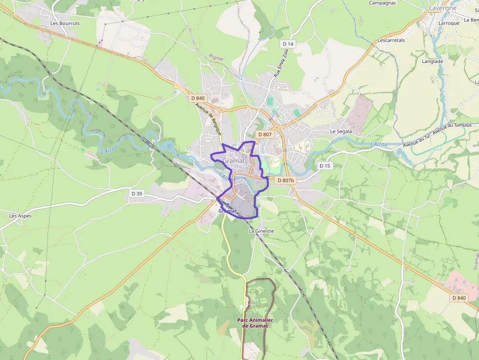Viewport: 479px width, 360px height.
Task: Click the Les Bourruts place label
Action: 65,23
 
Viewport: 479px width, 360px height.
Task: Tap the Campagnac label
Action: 382,3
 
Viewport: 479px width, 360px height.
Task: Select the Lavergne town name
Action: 442,8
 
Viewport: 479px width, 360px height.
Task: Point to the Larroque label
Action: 449,23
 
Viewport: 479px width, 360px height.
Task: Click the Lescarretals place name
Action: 392,41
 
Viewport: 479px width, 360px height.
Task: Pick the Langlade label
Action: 432,62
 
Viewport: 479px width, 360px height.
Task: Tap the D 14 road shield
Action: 288,44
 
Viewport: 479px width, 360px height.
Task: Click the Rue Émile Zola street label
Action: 278,64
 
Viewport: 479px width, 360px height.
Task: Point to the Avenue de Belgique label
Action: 208,119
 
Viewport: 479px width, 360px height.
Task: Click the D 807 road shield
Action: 264,134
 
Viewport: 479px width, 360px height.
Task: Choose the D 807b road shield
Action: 285,180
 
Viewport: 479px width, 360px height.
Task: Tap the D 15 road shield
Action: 325,166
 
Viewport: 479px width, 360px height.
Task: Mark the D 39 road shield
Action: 137,194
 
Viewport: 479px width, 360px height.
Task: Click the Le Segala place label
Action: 341,131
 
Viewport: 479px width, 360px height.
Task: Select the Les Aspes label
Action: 20,215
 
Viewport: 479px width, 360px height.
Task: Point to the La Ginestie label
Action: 261,231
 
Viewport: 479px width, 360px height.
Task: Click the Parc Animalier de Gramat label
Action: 255,323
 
